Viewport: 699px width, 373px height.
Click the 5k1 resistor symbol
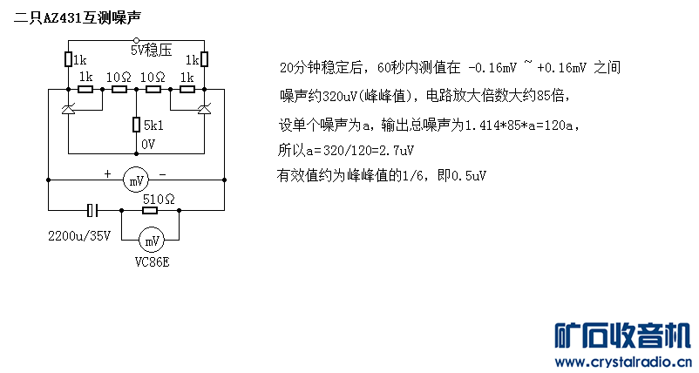pos(137,125)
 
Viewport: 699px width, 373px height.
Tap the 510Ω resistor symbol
pos(150,210)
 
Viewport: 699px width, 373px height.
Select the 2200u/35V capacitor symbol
pos(92,210)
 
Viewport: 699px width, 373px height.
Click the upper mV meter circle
pos(136,180)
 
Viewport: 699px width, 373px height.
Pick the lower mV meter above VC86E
pos(152,241)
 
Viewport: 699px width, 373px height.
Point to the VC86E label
pos(152,262)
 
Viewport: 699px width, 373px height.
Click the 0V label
pos(148,145)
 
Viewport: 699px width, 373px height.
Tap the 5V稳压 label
pos(151,50)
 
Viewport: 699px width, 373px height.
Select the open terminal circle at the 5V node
pos(137,41)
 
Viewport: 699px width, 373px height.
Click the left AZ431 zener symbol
pos(68,108)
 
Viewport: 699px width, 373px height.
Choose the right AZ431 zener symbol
pos(204,108)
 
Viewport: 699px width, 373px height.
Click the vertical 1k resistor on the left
pos(68,59)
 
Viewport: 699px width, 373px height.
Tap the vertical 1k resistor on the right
pos(204,59)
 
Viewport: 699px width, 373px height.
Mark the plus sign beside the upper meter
pos(107,173)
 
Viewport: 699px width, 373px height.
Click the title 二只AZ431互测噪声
pos(77,18)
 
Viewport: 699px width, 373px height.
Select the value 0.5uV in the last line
pos(469,175)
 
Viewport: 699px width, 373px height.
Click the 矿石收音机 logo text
pos(623,336)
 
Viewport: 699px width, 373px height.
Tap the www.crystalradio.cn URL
pos(623,362)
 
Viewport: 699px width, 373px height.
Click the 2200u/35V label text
pos(79,236)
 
